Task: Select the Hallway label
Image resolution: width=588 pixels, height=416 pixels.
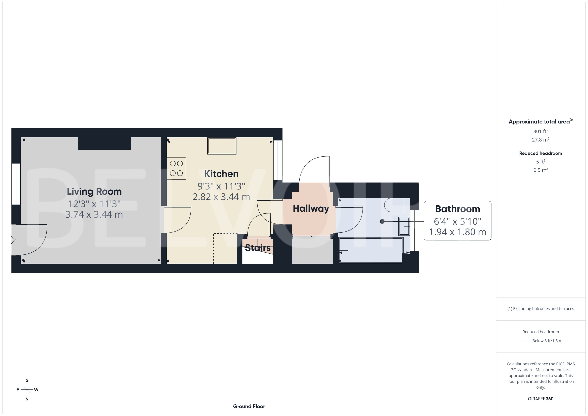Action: (x=311, y=209)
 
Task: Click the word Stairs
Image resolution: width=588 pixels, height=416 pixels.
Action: (x=258, y=248)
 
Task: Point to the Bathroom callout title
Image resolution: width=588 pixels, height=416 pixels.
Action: (x=457, y=209)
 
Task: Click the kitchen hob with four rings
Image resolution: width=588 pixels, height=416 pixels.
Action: (x=176, y=168)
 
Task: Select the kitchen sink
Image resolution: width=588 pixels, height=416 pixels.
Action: (x=222, y=146)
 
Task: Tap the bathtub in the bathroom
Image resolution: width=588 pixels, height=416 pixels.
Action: (x=370, y=250)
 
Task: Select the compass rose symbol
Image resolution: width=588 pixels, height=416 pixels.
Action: (x=27, y=390)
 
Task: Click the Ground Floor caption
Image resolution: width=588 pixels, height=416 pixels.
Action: (x=249, y=406)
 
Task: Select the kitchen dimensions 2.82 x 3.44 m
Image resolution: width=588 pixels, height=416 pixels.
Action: (x=221, y=197)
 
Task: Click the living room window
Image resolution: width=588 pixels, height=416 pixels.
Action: (x=16, y=184)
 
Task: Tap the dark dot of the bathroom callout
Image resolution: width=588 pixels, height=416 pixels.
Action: (x=382, y=221)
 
